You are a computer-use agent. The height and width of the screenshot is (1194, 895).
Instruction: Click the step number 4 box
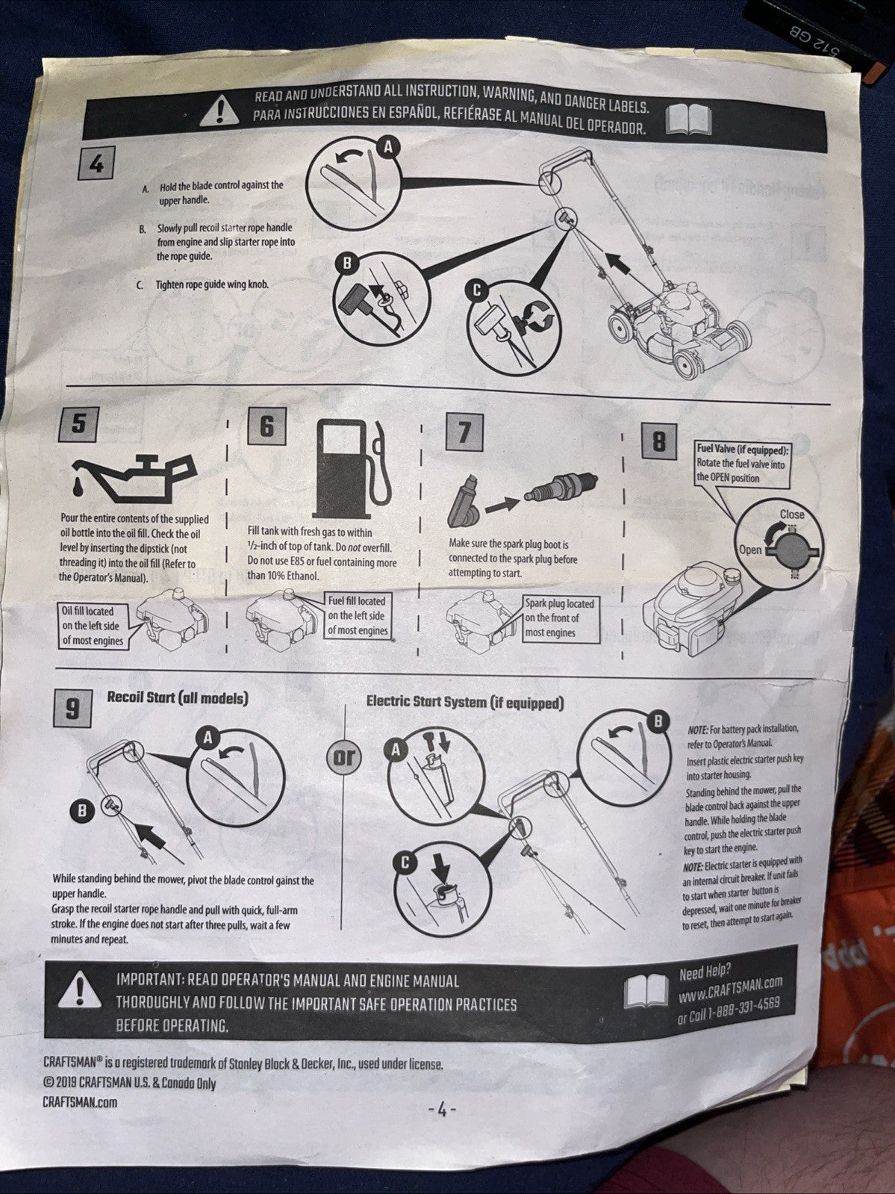point(96,164)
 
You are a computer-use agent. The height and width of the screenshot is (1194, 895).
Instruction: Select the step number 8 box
point(659,442)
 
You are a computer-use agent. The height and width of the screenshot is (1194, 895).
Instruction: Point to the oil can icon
point(134,479)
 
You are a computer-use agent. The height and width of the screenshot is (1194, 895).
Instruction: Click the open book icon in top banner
point(687,119)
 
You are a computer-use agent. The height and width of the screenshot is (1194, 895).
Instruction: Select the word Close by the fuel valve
point(791,514)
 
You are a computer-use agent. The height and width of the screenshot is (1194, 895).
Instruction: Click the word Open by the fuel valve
point(749,550)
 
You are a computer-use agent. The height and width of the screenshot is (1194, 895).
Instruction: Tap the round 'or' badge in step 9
point(345,757)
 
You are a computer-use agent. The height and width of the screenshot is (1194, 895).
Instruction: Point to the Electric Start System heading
point(464,703)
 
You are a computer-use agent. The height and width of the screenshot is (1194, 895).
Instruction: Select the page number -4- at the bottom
point(441,1110)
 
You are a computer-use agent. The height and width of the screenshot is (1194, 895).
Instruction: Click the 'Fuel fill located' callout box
point(358,615)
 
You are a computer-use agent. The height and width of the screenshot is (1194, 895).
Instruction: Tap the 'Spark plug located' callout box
point(559,618)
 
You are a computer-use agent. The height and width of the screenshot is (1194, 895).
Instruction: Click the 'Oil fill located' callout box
point(92,626)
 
